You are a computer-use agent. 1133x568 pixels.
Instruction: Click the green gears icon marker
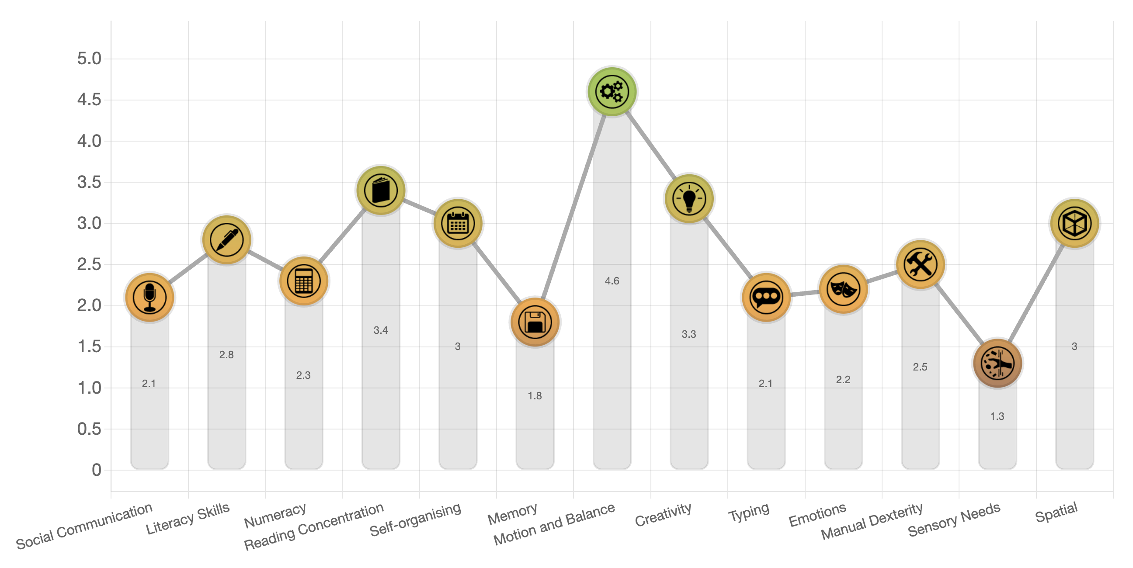(x=612, y=92)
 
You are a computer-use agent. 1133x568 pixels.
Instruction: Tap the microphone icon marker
(x=149, y=298)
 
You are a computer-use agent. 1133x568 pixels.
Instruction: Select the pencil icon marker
(x=226, y=240)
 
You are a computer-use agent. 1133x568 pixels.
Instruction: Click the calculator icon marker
(x=303, y=281)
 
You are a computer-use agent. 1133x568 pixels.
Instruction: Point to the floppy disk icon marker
(x=535, y=322)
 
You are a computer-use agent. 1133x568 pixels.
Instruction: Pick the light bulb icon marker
(x=689, y=199)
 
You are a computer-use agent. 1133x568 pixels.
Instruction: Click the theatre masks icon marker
(x=843, y=289)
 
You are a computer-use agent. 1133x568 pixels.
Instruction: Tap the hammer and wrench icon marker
(x=920, y=265)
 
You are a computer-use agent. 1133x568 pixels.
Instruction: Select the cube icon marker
(x=1074, y=223)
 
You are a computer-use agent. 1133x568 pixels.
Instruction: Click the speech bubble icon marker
(x=766, y=298)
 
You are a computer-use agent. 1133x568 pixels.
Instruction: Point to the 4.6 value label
(x=612, y=281)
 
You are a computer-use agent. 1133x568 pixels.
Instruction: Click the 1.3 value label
(x=997, y=416)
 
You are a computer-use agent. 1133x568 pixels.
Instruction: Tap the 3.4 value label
(x=380, y=330)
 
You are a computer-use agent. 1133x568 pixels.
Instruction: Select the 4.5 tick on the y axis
(x=89, y=100)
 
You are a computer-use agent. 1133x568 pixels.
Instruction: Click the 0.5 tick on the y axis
(x=89, y=429)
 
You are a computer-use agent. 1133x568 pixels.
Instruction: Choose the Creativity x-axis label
(x=663, y=514)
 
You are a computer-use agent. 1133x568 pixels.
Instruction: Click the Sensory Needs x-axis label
(x=954, y=520)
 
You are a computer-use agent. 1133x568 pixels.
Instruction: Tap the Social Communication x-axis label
(x=84, y=526)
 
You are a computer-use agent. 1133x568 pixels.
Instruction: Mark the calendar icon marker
(x=457, y=223)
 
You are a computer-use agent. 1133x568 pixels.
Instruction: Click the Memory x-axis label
(x=512, y=513)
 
